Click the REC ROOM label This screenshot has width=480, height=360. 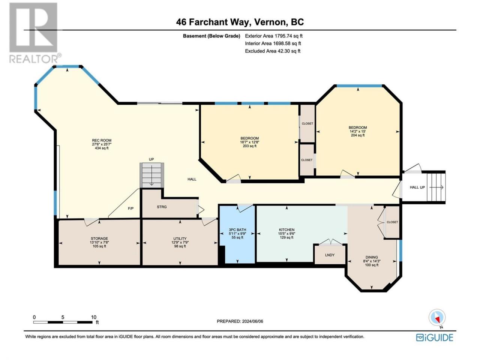click(x=102, y=140)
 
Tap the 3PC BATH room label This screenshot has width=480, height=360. click(x=237, y=230)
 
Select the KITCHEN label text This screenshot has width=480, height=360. click(x=286, y=230)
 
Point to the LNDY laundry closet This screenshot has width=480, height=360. click(x=330, y=254)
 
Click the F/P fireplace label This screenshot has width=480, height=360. click(x=131, y=208)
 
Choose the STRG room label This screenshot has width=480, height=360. click(x=162, y=207)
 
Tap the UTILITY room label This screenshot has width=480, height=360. click(x=180, y=238)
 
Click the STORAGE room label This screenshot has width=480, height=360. click(x=99, y=238)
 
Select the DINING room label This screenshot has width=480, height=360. click(x=372, y=257)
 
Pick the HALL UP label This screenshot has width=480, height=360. click(x=417, y=187)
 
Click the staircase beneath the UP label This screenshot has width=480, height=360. click(x=152, y=175)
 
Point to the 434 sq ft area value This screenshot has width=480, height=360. click(x=100, y=148)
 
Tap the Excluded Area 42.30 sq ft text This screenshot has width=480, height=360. click(x=273, y=51)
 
